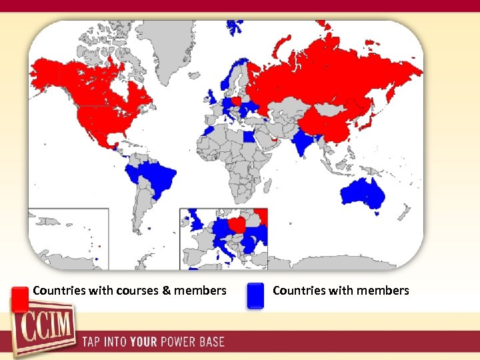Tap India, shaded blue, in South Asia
click(x=305, y=143)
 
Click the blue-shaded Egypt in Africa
click(x=249, y=138)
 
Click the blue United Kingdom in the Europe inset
click(x=197, y=219)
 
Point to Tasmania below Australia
click(x=377, y=213)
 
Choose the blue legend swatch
click(x=255, y=296)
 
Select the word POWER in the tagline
click(x=177, y=343)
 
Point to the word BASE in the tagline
click(x=211, y=343)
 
